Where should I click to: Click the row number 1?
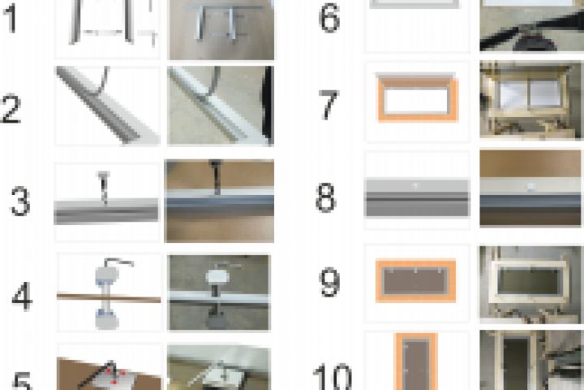[x=10, y=19]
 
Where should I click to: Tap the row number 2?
[x=11, y=108]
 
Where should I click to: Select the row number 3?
[x=20, y=201]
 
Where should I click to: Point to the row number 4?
[x=22, y=296]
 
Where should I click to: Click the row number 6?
[x=329, y=19]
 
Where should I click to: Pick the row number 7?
[x=328, y=105]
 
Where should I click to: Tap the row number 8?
[x=325, y=197]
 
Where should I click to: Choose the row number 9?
[x=329, y=282]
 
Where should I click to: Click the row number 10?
[x=333, y=377]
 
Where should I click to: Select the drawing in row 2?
[x=108, y=106]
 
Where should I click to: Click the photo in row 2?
[x=221, y=106]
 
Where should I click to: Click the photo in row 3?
[x=219, y=201]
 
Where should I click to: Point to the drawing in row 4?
[x=109, y=293]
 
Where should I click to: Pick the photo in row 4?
[x=219, y=292]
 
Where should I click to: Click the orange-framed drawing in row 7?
[x=418, y=97]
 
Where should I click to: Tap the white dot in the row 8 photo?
[x=531, y=187]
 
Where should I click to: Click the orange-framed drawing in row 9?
[x=415, y=280]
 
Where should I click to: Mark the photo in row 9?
[x=531, y=284]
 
